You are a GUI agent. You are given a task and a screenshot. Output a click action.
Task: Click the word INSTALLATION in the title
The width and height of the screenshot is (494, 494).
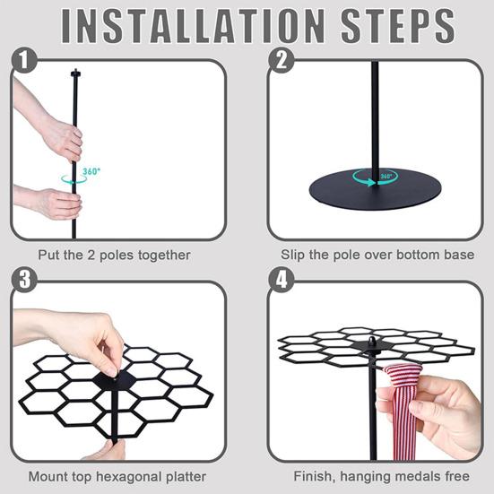click(x=193, y=26)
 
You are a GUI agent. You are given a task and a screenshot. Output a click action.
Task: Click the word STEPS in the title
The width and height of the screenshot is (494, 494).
click(x=398, y=26)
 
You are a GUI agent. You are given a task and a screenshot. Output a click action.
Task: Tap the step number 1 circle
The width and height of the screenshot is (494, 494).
click(x=24, y=60)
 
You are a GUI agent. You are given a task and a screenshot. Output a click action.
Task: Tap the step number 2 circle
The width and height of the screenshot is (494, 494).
click(x=282, y=60)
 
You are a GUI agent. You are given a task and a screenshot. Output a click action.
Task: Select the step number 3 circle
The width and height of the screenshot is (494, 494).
click(x=24, y=280)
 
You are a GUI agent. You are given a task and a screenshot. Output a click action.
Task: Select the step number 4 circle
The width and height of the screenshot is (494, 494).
click(x=282, y=280)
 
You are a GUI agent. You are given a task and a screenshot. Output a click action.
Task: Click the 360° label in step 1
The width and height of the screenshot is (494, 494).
click(x=91, y=171)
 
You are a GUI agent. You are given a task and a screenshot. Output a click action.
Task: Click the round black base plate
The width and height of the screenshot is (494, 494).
click(x=375, y=190)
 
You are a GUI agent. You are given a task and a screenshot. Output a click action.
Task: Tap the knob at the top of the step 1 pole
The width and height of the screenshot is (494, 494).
click(x=75, y=74)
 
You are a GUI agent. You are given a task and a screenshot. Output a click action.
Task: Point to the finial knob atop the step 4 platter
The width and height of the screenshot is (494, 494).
click(x=372, y=342)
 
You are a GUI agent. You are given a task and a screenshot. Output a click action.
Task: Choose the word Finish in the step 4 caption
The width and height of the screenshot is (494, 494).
click(x=314, y=476)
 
